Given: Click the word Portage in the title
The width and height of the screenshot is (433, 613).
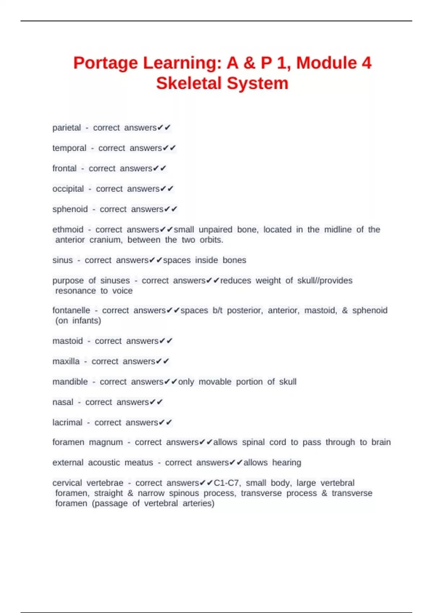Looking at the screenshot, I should tap(106, 63).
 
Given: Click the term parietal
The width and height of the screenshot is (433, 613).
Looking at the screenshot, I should tap(67, 128).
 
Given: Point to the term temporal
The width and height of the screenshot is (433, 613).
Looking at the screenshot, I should tap(69, 148).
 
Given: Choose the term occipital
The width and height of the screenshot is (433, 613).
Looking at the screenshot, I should tap(68, 189).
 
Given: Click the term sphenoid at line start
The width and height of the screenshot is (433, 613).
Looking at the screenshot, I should tap(70, 209).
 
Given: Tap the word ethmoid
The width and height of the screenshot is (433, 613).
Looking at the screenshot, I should tap(68, 230).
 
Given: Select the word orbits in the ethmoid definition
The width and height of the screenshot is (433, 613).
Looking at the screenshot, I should tap(211, 240).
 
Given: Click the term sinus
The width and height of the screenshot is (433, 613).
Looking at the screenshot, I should tap(62, 260).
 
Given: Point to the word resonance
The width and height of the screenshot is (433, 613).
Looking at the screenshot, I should tap(75, 291).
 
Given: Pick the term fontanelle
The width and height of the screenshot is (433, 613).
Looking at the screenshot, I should tap(71, 310).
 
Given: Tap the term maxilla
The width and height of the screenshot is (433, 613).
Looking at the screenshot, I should tap(66, 361).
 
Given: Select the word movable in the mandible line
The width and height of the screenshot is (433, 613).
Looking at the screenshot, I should tap(215, 382).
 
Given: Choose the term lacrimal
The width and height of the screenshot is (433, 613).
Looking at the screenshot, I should tap(67, 423).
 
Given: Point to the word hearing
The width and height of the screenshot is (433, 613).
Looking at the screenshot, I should tap(287, 463).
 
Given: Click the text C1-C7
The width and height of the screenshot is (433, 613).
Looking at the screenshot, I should tap(227, 483).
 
